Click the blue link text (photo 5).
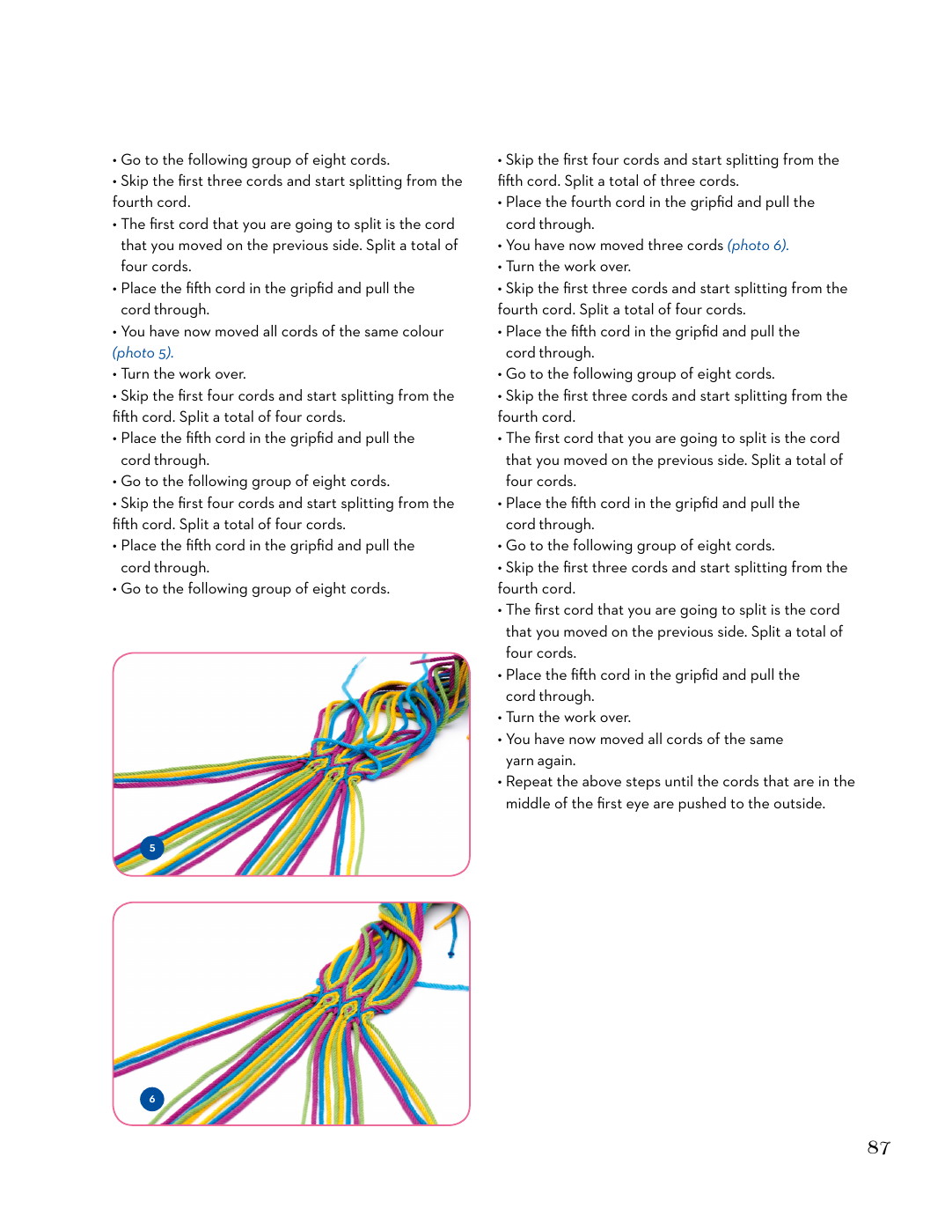[143, 353]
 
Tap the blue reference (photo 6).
[758, 246]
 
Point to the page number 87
[878, 1147]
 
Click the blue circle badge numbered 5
[152, 848]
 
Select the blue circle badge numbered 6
[152, 1098]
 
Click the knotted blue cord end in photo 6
[451, 952]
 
